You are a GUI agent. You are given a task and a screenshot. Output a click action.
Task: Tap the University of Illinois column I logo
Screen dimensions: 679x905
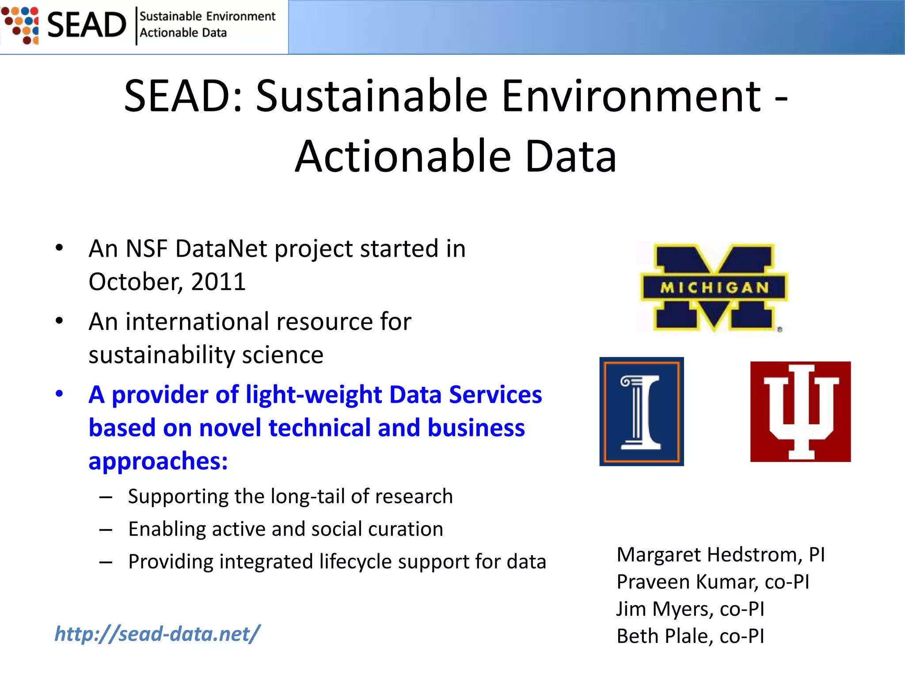point(641,412)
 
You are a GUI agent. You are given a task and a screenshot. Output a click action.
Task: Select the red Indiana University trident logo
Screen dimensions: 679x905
point(800,412)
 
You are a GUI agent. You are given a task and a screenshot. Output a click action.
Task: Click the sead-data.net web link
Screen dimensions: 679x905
point(157,634)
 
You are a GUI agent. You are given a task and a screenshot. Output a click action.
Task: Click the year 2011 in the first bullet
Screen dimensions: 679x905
point(218,282)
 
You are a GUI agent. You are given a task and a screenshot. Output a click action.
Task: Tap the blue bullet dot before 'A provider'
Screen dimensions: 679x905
point(59,393)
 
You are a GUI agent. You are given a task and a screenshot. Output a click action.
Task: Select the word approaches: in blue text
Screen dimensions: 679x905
point(158,461)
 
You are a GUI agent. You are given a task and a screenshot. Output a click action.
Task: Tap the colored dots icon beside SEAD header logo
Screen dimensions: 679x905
point(20,25)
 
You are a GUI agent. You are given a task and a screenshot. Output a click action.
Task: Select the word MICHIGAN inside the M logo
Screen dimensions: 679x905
point(714,288)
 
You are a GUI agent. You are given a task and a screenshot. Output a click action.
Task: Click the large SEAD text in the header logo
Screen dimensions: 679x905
point(87,25)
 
